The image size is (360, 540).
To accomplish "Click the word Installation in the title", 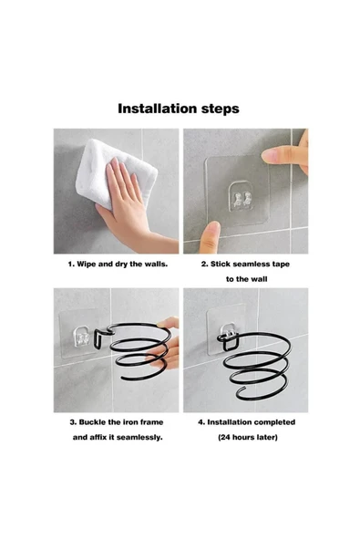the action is [157, 109].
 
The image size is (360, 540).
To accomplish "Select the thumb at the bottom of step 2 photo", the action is [210, 238].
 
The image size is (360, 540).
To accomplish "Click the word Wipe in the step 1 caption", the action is [87, 265].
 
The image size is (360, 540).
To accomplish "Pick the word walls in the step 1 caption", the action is [155, 265].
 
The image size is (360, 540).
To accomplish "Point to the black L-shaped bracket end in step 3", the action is [98, 338].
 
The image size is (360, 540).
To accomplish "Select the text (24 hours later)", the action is [248, 438].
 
